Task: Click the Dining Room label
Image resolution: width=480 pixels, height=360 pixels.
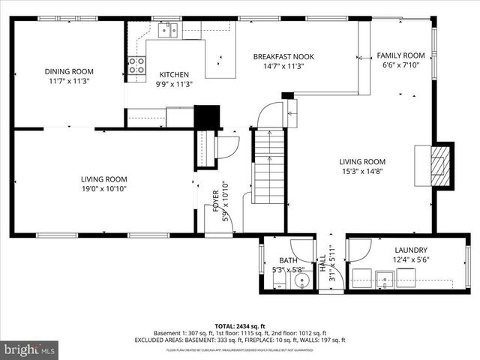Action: [x=69, y=72]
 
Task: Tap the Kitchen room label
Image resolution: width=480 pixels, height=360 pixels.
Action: [x=173, y=74]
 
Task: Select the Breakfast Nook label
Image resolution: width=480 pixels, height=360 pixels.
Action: [x=283, y=56]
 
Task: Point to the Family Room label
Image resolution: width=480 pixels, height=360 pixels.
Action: [x=400, y=55]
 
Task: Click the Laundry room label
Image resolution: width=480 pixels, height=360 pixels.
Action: [x=411, y=250]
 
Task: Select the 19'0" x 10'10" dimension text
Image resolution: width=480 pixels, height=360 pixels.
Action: [x=104, y=189]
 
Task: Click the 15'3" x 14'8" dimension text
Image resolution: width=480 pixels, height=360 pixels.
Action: [x=361, y=171]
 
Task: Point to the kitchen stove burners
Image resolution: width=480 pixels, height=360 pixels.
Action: [x=136, y=65]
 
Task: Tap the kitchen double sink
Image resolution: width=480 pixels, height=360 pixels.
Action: [x=172, y=30]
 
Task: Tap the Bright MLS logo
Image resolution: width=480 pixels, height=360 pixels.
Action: [x=30, y=349]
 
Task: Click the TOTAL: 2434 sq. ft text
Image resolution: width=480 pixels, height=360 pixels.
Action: [x=239, y=326]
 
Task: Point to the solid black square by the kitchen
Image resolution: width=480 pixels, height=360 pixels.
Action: [x=205, y=118]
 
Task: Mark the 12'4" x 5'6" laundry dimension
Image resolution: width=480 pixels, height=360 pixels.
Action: [x=411, y=260]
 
